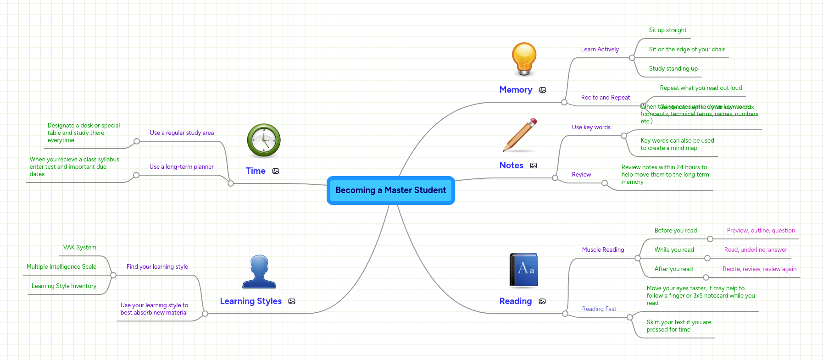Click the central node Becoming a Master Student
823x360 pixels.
[x=390, y=190]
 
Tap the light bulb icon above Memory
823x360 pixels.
[x=524, y=59]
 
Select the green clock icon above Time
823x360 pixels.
[x=264, y=140]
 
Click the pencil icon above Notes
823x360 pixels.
[x=520, y=135]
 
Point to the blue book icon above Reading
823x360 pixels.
[x=523, y=270]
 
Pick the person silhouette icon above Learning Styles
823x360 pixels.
[x=259, y=271]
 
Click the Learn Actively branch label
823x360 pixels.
[x=600, y=50]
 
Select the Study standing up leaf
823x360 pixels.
[x=673, y=69]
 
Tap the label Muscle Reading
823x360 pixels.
[x=603, y=250]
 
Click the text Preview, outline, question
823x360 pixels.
[x=761, y=231]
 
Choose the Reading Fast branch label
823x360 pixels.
[x=599, y=309]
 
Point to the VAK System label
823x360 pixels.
[x=80, y=248]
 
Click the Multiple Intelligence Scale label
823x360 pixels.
[x=61, y=267]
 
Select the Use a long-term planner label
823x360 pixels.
[x=181, y=167]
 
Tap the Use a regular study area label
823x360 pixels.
[x=182, y=133]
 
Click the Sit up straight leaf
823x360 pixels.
[x=667, y=30]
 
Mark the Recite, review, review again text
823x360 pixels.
[x=759, y=269]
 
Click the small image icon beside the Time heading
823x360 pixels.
[x=276, y=171]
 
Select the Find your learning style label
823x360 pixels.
[x=157, y=267]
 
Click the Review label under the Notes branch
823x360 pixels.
[x=581, y=175]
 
